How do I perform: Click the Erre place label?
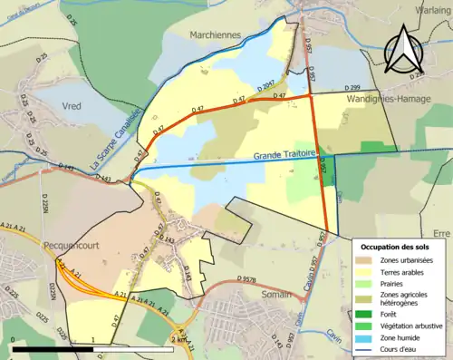[442, 232]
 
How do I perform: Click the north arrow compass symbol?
[405, 50]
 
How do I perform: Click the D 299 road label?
[334, 87]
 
